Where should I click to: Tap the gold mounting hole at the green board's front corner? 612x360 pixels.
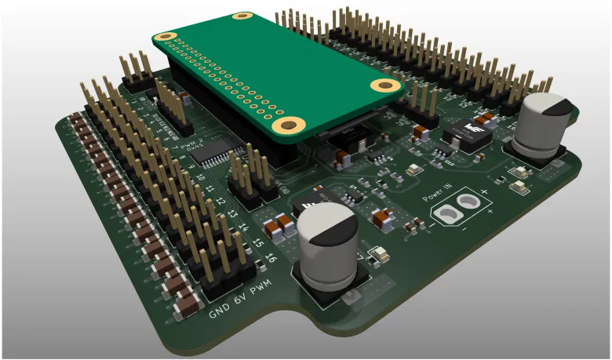coord(290,124)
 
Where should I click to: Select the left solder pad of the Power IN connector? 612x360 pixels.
coord(447,213)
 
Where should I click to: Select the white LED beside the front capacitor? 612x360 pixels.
coord(377,254)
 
